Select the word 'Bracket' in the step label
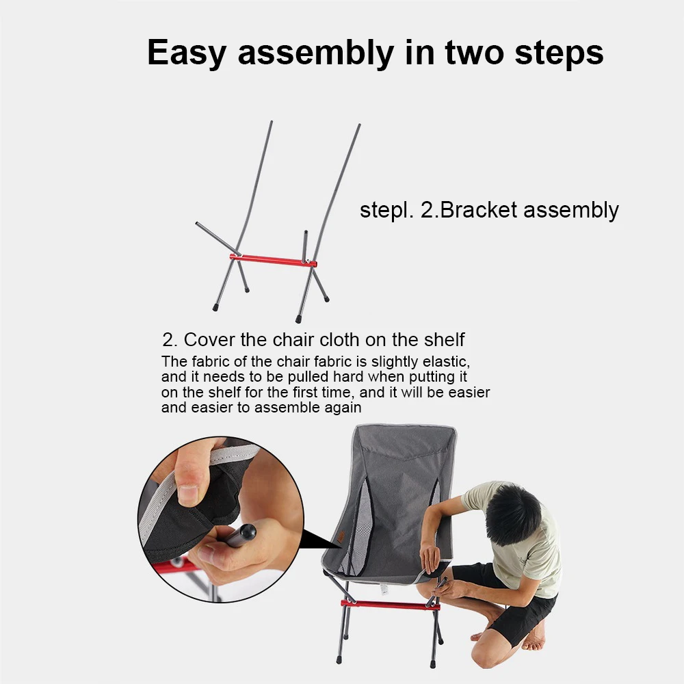479,209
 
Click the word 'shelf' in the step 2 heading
440,339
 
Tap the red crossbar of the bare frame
273,260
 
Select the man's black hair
513,514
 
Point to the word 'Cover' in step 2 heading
209,339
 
